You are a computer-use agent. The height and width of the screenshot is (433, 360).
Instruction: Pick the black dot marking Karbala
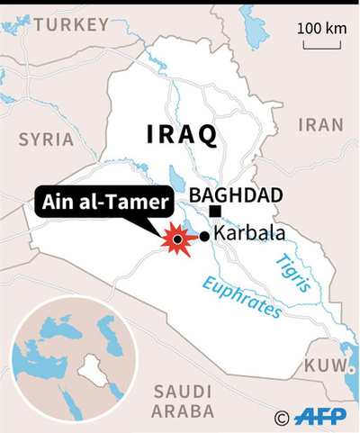[x=206, y=236]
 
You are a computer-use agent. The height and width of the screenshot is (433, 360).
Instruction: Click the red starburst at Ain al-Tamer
[x=176, y=239]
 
